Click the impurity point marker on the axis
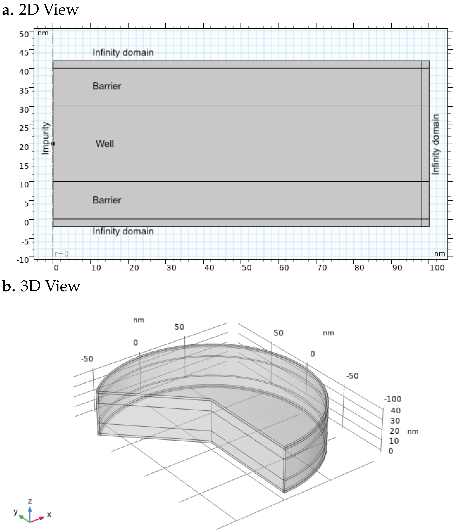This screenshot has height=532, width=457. point(53,143)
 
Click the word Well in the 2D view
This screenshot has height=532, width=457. point(105,143)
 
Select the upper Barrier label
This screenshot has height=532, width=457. point(107,86)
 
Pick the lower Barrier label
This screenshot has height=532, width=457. point(107,200)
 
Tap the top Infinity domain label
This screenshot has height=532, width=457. point(123,52)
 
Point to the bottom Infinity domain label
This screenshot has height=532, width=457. point(123,231)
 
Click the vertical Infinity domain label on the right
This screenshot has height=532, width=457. point(436,144)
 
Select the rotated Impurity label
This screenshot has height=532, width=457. point(45,138)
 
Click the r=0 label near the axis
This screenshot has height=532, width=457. point(62,254)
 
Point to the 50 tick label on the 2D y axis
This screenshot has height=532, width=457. point(24,34)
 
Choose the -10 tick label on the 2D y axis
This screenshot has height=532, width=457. point(23,260)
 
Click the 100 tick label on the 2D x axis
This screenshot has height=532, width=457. point(437,268)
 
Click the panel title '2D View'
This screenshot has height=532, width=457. point(48,10)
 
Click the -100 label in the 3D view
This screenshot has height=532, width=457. point(392,399)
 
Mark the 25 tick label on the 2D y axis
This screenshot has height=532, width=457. point(24,128)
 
